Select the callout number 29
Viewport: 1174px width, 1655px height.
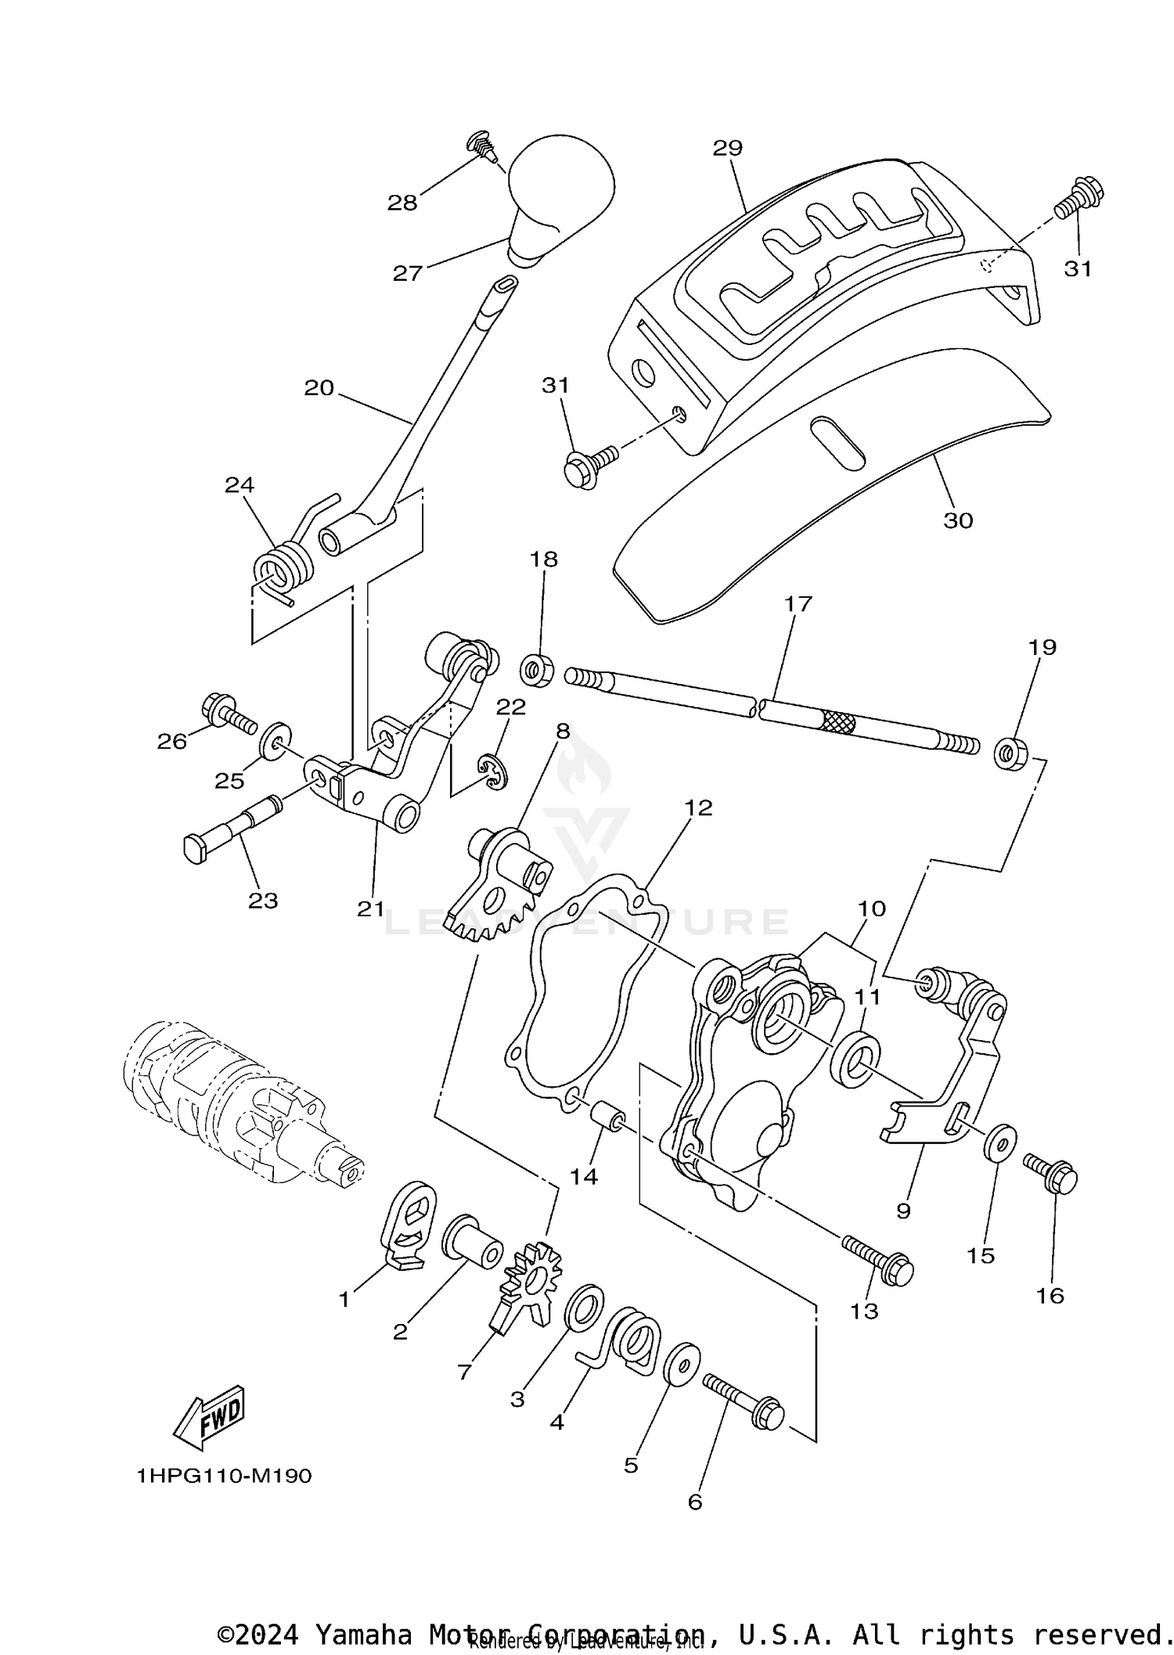tap(727, 148)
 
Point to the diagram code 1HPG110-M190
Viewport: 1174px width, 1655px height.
tap(225, 1476)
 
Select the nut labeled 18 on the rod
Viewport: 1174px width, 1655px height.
tap(538, 670)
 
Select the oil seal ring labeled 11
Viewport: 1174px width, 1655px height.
tap(858, 1059)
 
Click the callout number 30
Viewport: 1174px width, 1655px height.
tap(958, 520)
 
